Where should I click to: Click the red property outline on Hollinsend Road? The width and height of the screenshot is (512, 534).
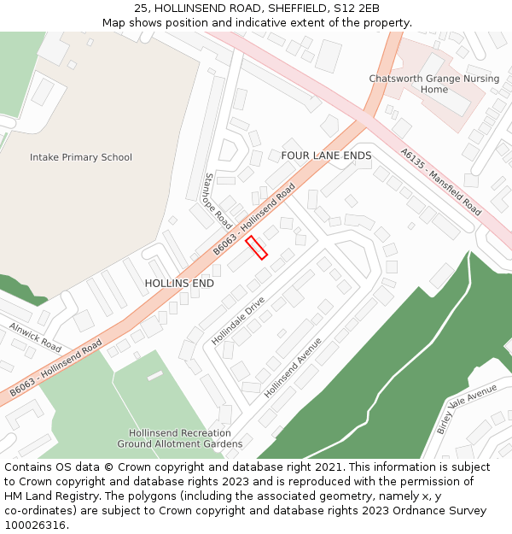pos(257,247)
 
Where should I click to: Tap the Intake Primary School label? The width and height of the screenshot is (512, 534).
pos(81,157)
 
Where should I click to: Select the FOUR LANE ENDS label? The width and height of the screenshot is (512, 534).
pos(326,156)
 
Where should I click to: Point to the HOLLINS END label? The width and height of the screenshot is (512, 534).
pos(179,283)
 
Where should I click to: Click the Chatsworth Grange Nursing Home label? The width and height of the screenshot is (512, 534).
pos(434,84)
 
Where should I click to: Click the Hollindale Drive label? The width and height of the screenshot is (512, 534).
pos(239,320)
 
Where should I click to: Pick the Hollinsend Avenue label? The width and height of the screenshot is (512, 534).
pos(293,367)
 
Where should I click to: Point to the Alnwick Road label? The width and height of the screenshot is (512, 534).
pos(36,337)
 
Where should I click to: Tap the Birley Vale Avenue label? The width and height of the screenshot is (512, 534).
pos(467,408)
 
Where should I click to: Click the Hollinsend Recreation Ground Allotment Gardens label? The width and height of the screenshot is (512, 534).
pos(180,438)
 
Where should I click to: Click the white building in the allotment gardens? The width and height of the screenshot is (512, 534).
pos(154,375)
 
